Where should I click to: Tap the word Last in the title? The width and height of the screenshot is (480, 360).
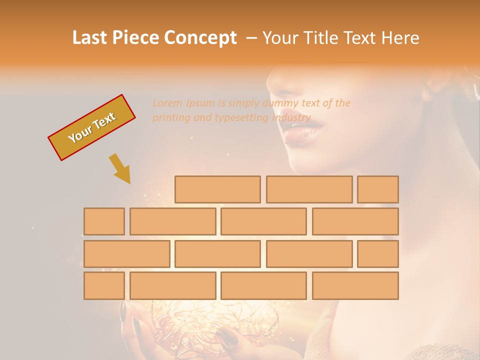tap(90, 38)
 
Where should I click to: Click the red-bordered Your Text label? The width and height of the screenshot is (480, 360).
tap(91, 127)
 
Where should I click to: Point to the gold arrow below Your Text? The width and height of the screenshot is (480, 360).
tap(120, 168)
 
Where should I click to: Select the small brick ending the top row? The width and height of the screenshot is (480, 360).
tap(377, 189)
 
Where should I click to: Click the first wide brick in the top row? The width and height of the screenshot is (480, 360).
tap(217, 189)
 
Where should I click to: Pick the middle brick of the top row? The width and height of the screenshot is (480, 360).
tap(309, 189)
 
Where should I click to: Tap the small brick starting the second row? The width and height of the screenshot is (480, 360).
tap(104, 221)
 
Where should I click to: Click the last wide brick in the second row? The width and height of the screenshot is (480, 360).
tap(355, 221)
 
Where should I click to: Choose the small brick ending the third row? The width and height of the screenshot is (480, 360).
tap(377, 254)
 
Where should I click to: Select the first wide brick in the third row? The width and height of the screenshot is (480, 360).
tap(126, 254)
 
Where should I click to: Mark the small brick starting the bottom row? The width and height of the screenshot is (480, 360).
tap(104, 285)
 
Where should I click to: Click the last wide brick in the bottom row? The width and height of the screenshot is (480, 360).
tap(355, 285)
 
